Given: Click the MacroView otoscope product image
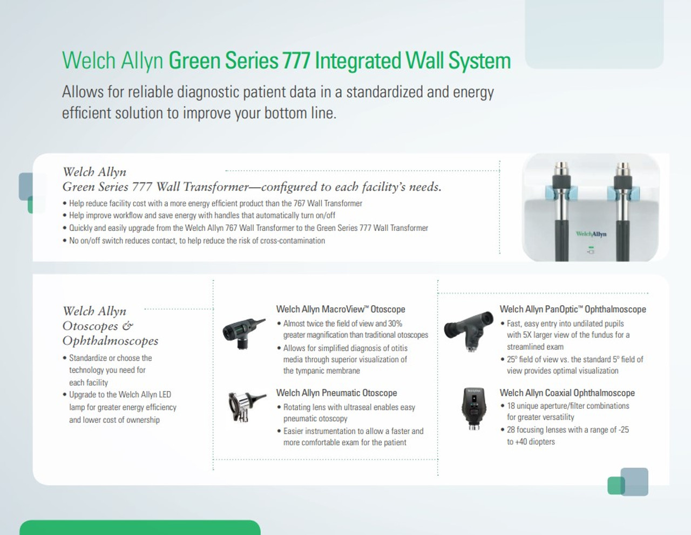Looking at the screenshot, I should click(x=243, y=330).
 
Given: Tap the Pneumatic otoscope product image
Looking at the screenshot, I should click(x=246, y=406).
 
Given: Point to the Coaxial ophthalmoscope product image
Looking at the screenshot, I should click(x=473, y=408).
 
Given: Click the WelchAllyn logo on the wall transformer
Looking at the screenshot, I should click(x=591, y=234).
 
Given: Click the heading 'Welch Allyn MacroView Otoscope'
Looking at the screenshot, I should click(x=340, y=309).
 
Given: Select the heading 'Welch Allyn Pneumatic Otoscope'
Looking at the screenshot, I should click(x=336, y=393).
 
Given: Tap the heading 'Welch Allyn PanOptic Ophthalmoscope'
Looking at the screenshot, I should click(x=572, y=309).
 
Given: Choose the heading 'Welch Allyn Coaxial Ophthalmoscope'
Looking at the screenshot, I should click(x=567, y=393).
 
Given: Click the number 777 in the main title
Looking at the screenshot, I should click(x=296, y=60).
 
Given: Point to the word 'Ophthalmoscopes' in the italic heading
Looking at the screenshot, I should click(x=110, y=341).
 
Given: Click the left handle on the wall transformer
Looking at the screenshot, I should click(x=562, y=216).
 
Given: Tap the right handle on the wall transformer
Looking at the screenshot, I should click(x=622, y=216).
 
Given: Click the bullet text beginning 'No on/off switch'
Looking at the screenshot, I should click(x=197, y=241).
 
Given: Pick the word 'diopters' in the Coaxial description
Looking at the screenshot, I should click(x=542, y=442).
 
